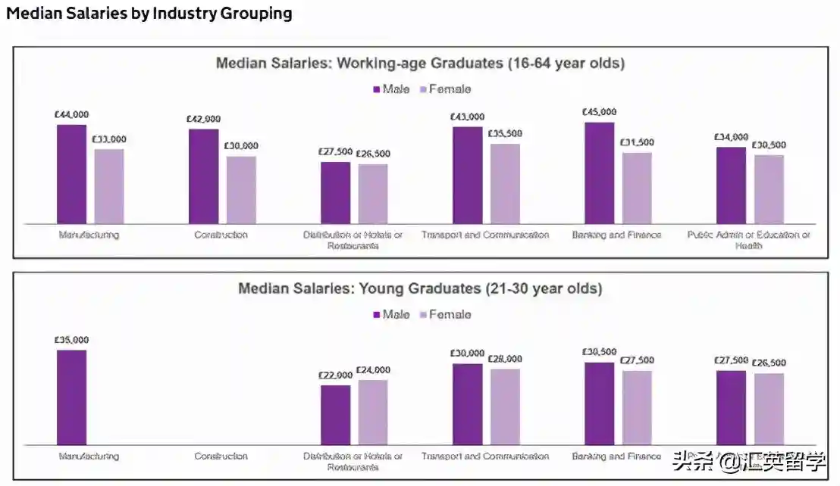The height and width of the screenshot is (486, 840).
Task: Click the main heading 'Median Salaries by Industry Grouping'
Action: click(149, 14)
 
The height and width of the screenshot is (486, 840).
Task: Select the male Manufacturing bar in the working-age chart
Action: click(71, 174)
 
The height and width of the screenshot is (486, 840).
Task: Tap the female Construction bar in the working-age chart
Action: click(241, 190)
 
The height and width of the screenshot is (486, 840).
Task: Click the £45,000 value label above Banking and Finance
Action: click(599, 112)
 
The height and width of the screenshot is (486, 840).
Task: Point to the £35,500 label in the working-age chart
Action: click(504, 134)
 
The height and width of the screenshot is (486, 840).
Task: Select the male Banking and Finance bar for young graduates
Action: click(599, 403)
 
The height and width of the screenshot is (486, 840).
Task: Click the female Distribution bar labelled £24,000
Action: click(373, 412)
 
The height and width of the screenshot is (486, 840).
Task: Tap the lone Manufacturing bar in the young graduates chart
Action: click(71, 397)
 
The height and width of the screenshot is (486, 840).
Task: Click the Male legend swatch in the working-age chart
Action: click(376, 89)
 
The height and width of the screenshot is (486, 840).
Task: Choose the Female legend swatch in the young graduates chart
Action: click(423, 315)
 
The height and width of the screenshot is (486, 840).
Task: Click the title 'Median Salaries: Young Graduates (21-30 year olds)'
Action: click(420, 288)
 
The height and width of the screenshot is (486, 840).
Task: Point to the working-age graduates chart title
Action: click(420, 63)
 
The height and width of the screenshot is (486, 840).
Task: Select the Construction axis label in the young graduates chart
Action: click(221, 456)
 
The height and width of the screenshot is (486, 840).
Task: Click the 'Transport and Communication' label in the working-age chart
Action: click(485, 235)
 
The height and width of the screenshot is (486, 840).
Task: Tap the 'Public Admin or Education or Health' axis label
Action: click(748, 240)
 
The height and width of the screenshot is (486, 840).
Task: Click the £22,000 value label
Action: click(335, 375)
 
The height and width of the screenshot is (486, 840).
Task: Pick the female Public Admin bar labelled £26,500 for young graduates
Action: click(769, 409)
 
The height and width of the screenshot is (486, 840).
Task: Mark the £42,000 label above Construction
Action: click(203, 119)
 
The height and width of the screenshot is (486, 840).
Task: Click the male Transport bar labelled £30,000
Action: click(467, 404)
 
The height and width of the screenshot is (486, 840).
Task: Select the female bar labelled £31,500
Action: click(637, 188)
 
